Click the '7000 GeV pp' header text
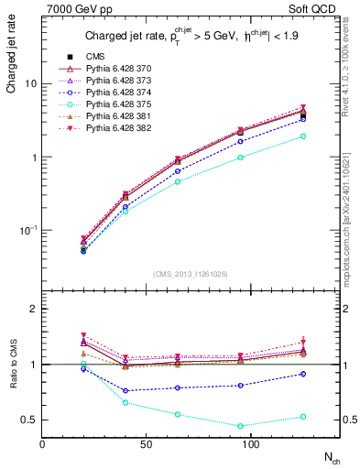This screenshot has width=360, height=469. pyautogui.click(x=72, y=9)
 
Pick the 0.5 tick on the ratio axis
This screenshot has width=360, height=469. pyautogui.click(x=29, y=420)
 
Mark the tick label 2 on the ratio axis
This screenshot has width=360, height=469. pyautogui.click(x=33, y=310)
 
